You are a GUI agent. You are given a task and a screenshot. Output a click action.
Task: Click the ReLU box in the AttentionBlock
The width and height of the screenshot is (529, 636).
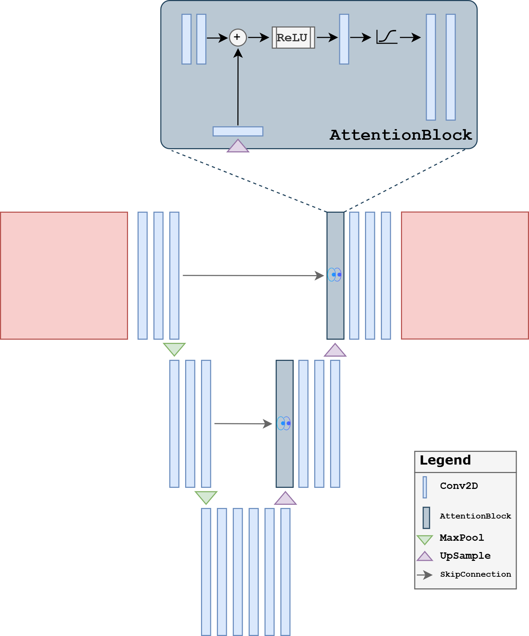pyautogui.click(x=293, y=37)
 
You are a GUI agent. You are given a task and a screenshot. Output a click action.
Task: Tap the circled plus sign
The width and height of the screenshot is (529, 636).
pyautogui.click(x=238, y=37)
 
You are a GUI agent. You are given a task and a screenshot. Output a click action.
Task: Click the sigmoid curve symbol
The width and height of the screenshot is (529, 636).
pyautogui.click(x=387, y=37)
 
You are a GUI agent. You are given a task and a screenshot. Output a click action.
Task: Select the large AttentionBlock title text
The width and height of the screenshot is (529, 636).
pyautogui.click(x=401, y=135)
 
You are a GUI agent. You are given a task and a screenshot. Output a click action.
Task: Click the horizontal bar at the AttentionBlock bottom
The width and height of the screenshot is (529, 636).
pyautogui.click(x=238, y=131)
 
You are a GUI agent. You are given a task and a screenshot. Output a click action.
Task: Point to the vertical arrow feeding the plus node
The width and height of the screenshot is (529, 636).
pyautogui.click(x=238, y=88)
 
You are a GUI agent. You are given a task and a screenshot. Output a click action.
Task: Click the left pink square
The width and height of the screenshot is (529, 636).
pyautogui.click(x=64, y=275)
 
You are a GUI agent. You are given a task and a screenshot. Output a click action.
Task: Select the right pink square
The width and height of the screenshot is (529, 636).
pyautogui.click(x=465, y=275)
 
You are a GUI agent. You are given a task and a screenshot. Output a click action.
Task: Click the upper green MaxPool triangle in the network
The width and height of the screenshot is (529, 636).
pyautogui.click(x=174, y=349)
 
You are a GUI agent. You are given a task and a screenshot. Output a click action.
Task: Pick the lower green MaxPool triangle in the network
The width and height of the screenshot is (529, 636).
pyautogui.click(x=206, y=497)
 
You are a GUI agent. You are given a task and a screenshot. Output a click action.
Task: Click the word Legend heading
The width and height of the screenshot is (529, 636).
pyautogui.click(x=445, y=460)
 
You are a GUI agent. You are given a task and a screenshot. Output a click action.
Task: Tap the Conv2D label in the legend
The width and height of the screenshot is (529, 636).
pyautogui.click(x=459, y=486)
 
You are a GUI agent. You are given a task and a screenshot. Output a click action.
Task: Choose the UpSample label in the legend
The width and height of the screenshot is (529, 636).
pyautogui.click(x=465, y=556)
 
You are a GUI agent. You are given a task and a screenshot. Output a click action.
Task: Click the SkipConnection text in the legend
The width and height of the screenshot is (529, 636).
pyautogui.click(x=475, y=574)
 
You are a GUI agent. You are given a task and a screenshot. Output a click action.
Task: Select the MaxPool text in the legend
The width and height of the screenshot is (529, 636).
pyautogui.click(x=462, y=538)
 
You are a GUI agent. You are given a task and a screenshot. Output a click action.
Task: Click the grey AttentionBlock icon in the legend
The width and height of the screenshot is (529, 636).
pyautogui.click(x=426, y=517)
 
